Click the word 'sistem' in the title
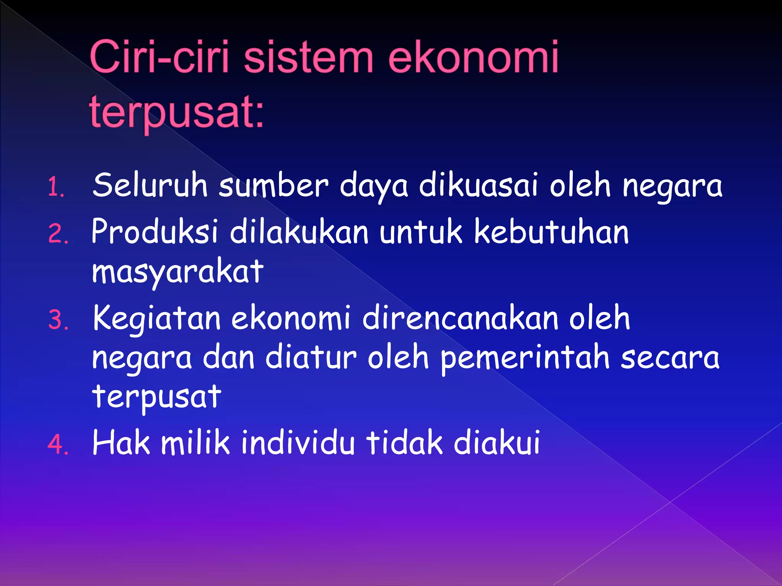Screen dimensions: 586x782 [308, 58]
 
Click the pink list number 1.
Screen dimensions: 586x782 [56, 188]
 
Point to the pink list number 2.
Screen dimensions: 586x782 [58, 234]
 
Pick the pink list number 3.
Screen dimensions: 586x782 [58, 320]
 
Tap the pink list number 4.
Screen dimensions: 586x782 [58, 445]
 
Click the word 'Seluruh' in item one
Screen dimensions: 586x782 [150, 185]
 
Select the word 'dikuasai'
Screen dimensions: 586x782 [478, 185]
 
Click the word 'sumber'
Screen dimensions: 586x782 [273, 185]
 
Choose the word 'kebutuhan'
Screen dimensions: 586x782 [551, 232]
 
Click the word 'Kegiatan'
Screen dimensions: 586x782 [157, 319]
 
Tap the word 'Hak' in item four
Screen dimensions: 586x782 [121, 443]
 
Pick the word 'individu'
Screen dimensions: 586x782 [298, 443]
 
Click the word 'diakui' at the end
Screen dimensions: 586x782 [496, 443]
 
